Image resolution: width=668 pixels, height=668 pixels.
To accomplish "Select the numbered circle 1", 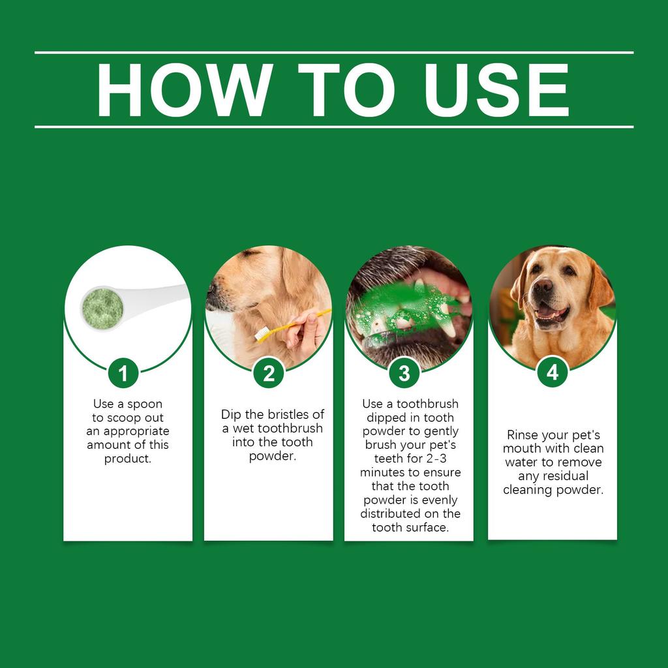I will (x=124, y=373).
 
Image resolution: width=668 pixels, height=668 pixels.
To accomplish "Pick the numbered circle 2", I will (x=269, y=373).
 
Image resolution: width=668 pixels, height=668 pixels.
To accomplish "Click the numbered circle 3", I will (x=404, y=373).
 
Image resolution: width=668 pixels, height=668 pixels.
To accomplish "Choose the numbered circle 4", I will (x=553, y=372).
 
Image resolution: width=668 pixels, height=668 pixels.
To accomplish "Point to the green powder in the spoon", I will (x=102, y=305).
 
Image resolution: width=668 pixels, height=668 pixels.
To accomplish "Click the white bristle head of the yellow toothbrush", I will (x=262, y=335).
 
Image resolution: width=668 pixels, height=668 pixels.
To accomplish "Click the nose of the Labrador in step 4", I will (x=543, y=286).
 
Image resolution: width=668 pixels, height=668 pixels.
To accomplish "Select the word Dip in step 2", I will (x=231, y=415).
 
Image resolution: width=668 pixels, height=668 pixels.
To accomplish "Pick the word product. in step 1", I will (x=128, y=459).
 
